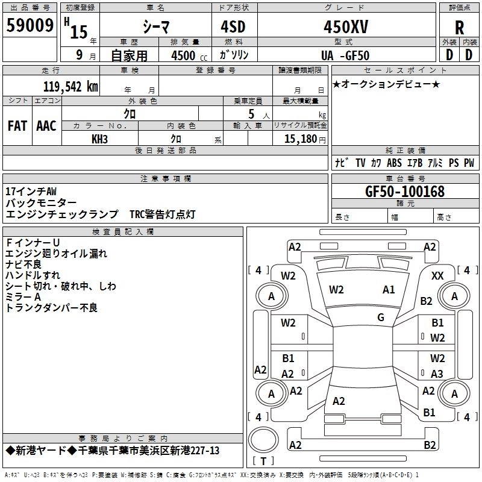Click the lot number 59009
coord(30,26)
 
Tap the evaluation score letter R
coord(459,28)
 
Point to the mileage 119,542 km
coord(70,86)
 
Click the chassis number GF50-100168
coord(404,192)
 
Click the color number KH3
coord(99,139)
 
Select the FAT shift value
coord(17,125)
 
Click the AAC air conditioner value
coord(46,125)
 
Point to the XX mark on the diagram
coord(438,275)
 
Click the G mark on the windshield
coord(381,318)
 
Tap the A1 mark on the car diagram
coord(389,290)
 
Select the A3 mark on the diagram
coord(437,374)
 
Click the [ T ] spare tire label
coord(263,461)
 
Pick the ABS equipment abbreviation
coord(394,163)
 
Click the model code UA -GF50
coord(345,55)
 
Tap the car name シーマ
coord(155,27)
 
